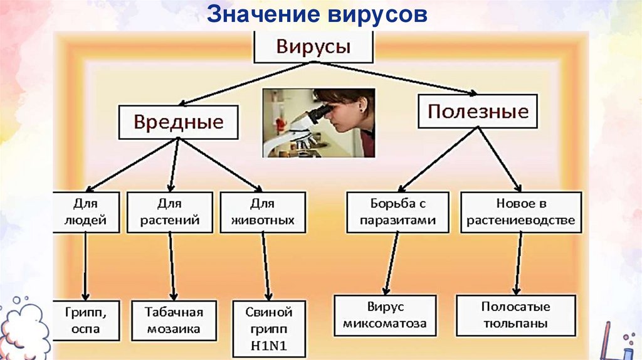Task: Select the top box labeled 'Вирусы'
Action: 313,47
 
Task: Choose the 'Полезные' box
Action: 478,112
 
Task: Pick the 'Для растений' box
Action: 169,212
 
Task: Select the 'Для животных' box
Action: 263,212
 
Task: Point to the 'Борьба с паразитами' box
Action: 398,212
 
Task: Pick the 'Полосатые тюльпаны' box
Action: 515,315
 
